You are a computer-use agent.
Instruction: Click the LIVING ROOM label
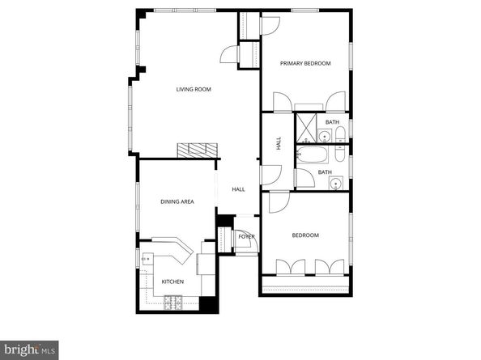click(x=194, y=89)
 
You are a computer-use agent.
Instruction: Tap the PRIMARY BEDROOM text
click(x=305, y=63)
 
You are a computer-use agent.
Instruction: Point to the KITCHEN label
click(x=172, y=282)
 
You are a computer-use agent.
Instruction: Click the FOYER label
click(x=246, y=237)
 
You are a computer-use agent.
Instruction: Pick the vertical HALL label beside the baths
click(x=279, y=143)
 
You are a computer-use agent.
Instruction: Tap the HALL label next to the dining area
click(x=238, y=189)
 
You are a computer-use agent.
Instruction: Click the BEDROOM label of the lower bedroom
click(x=305, y=235)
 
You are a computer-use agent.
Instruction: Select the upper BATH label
click(x=332, y=122)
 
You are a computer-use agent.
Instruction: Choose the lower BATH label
click(x=324, y=172)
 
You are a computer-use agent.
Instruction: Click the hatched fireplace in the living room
click(x=199, y=150)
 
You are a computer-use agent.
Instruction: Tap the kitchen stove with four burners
click(x=173, y=303)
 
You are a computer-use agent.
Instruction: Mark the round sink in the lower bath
click(x=334, y=184)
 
